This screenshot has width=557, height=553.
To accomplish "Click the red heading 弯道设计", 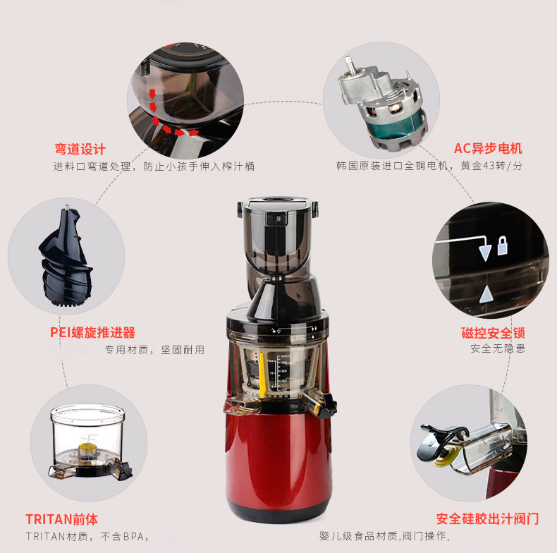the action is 80,149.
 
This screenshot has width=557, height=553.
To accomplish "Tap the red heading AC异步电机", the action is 488,148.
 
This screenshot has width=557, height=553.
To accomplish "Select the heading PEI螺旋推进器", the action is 92,332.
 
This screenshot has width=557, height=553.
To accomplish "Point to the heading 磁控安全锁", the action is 493,333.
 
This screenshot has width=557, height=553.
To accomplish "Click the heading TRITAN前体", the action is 61,519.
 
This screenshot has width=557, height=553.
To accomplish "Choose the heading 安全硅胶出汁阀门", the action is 488,519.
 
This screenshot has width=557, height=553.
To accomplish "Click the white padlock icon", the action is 502,245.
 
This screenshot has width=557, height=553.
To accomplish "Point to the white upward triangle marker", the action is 486,295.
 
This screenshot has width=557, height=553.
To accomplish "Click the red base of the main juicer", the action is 278,466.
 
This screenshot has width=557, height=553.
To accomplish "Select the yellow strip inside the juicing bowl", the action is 262,375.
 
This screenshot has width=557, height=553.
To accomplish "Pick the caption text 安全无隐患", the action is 498,348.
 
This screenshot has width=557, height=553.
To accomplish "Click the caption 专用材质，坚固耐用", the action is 154,350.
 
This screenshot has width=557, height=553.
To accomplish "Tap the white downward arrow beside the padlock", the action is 485,253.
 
